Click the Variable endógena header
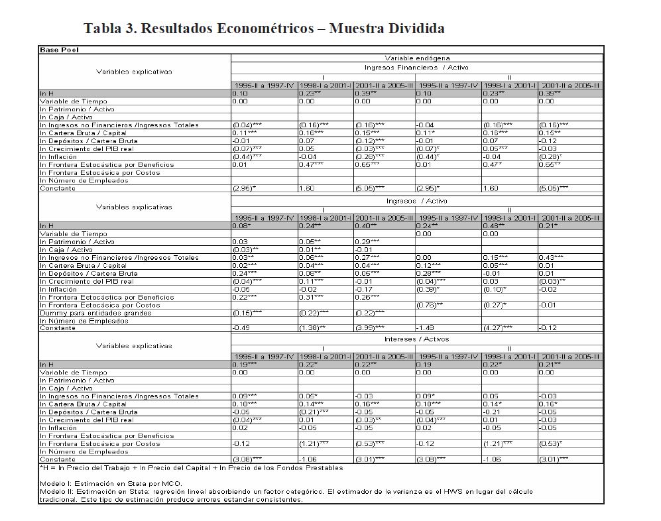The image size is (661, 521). (416, 58)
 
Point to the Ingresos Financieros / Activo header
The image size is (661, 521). (416, 68)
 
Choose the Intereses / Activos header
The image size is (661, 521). (416, 339)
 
